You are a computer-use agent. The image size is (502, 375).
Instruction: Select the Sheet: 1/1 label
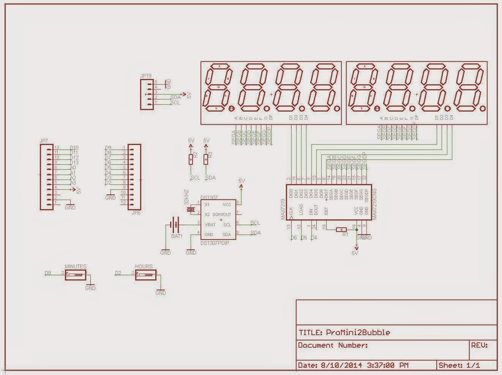pos(459,365)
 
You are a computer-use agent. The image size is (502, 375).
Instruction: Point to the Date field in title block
pos(353,365)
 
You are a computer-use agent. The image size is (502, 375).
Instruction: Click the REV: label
pos(479,345)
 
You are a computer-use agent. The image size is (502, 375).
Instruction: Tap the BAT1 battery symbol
pos(175,225)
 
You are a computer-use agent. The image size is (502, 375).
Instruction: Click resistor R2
pos(191,159)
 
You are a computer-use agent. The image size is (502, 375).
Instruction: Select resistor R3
pos(206,159)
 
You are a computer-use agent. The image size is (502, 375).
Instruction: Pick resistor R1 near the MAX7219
pos(342,229)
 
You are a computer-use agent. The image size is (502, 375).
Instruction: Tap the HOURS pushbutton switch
pos(145,275)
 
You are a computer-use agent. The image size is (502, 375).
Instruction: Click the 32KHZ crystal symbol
pos(192,210)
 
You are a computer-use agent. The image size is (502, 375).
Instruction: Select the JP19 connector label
pos(145,76)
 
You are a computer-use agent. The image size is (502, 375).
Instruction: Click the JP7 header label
pos(44,141)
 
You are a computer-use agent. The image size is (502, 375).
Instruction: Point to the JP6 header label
pos(136,213)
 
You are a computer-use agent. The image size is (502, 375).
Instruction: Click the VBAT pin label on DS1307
pos(210,225)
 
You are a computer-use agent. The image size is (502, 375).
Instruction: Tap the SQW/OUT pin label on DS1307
pos(222,214)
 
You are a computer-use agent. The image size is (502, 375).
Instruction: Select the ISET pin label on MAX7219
pos(326,210)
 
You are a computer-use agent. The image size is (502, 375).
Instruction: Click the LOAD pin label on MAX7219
pos(301,210)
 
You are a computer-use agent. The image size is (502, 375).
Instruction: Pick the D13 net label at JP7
pos(74,162)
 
